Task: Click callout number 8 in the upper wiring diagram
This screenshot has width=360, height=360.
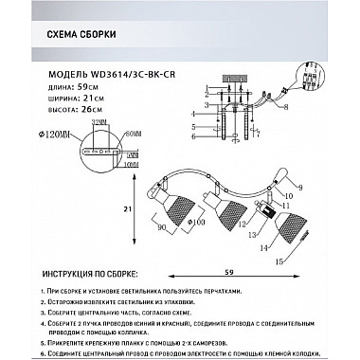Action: (x=284, y=110)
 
